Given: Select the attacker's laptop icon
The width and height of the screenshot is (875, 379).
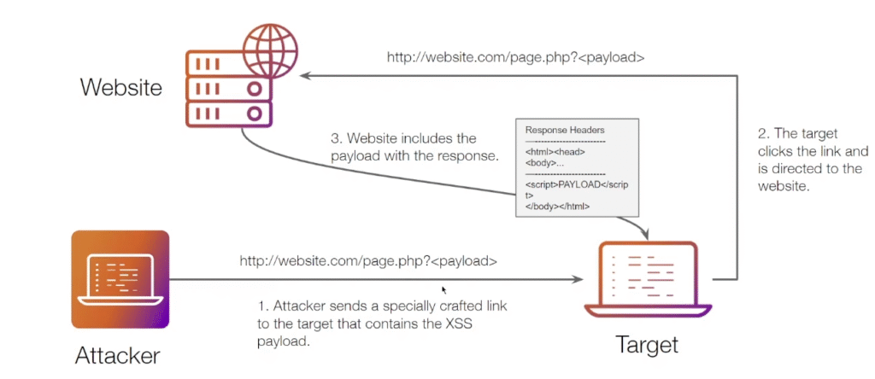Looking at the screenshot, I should [x=120, y=279].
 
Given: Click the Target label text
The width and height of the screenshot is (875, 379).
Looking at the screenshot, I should [x=648, y=345].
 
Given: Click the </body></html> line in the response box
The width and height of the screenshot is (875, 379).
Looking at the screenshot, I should [x=558, y=207].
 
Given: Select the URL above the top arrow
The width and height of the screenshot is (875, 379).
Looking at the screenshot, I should [x=515, y=59].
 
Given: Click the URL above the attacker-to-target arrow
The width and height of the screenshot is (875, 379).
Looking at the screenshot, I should [x=368, y=260].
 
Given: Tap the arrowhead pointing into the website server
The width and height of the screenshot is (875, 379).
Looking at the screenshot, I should [x=304, y=77].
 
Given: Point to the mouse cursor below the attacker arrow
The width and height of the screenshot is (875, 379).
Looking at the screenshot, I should [x=443, y=289].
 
